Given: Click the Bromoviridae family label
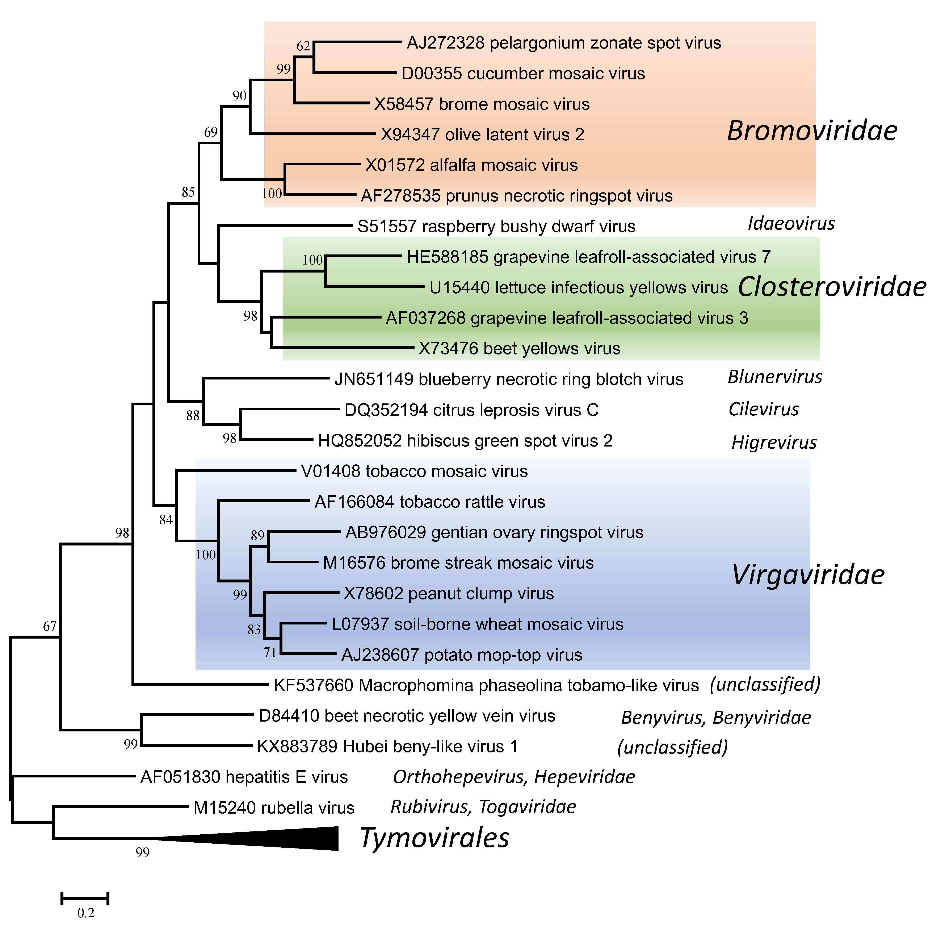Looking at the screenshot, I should (x=812, y=131).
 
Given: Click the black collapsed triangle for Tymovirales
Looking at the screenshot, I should (x=293, y=838).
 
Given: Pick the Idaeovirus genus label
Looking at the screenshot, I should (x=791, y=224).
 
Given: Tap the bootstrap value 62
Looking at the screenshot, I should (x=303, y=46).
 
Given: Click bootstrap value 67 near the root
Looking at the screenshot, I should (x=50, y=626).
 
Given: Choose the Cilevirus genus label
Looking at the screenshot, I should (x=763, y=409).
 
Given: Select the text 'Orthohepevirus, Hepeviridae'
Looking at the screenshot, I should (x=513, y=777).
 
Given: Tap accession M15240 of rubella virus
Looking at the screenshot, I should (x=224, y=808).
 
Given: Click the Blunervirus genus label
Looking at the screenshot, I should (x=775, y=377).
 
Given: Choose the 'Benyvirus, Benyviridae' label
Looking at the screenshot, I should (x=716, y=718).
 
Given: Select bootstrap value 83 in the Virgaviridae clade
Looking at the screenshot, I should (x=254, y=630).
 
